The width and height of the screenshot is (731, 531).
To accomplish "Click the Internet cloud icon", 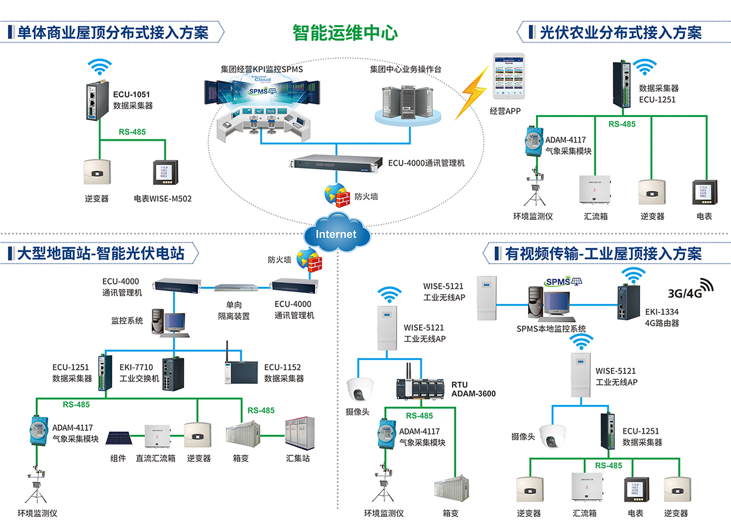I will (337, 232).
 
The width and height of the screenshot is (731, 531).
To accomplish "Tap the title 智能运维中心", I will (345, 32).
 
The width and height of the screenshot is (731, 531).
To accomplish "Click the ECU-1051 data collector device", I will (97, 102).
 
